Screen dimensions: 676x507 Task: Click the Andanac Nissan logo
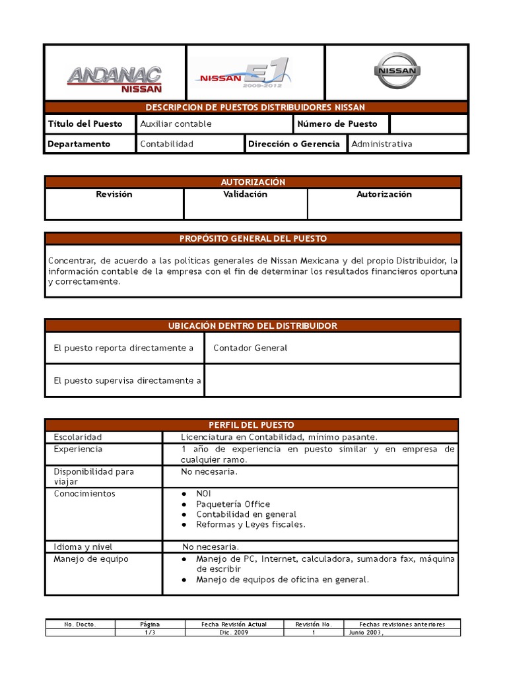coord(115,78)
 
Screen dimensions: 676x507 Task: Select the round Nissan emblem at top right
coord(396,72)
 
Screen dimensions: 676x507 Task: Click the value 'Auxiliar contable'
coord(176,123)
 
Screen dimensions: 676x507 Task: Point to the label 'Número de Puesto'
coord(337,123)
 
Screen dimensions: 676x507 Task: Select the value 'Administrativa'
coord(382,143)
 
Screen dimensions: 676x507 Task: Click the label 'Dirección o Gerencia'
coord(294,143)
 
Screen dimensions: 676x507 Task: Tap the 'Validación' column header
coord(245,194)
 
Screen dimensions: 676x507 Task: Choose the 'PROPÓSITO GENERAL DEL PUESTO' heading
coord(253,238)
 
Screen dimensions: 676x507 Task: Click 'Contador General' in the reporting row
coord(250,348)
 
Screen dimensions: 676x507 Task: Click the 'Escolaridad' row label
coord(78,437)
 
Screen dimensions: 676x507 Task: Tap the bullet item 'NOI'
coord(203,494)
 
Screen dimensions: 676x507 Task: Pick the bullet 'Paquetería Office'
coord(233,504)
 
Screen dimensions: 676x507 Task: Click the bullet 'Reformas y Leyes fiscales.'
coord(251,524)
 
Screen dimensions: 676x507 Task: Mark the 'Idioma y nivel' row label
coord(83,547)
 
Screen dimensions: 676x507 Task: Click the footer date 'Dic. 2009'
coord(232,632)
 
